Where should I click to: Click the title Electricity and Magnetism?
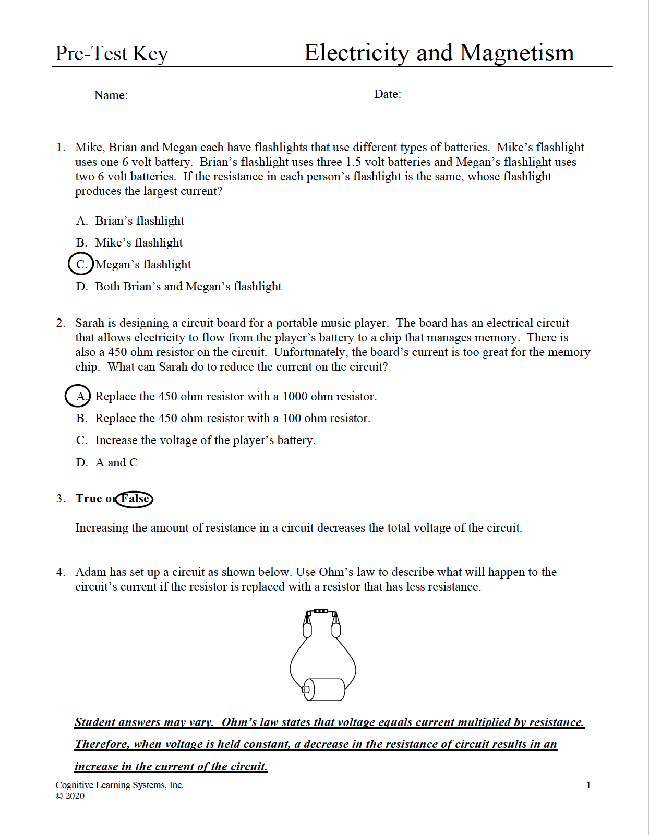click(x=439, y=53)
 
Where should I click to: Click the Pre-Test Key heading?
click(x=112, y=54)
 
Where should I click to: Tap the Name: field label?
click(x=111, y=95)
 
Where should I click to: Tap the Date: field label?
click(x=388, y=94)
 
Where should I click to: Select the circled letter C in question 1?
click(x=81, y=264)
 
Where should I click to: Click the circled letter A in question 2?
click(x=78, y=396)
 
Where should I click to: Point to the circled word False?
click(x=135, y=499)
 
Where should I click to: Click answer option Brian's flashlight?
click(x=139, y=220)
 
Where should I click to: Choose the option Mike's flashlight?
click(x=138, y=242)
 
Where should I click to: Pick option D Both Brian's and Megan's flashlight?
click(x=188, y=286)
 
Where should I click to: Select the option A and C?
click(x=116, y=462)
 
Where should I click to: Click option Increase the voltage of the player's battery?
click(x=205, y=440)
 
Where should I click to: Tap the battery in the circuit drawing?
click(x=324, y=689)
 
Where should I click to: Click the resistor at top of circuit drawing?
click(x=321, y=611)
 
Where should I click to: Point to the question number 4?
click(x=61, y=572)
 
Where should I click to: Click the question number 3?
click(x=61, y=498)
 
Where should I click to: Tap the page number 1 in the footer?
click(x=588, y=785)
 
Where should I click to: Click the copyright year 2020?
click(x=75, y=796)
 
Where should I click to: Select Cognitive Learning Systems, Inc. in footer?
click(x=119, y=785)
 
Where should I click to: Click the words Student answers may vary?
click(x=144, y=722)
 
